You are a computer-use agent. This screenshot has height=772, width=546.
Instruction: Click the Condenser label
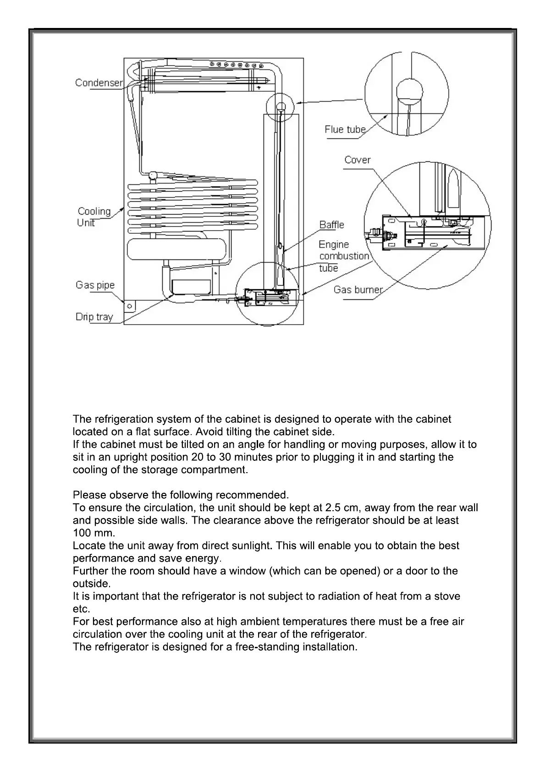coord(99,83)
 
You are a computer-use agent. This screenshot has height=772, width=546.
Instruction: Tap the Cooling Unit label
coord(94,217)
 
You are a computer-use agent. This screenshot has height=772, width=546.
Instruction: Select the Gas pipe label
coord(95,285)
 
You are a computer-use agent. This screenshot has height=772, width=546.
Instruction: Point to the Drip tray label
coord(94,317)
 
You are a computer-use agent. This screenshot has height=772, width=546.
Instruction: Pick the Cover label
coord(357,160)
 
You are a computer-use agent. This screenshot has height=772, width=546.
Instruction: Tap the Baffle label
coord(331,225)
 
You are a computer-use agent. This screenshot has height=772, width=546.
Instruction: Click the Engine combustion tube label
coord(343,256)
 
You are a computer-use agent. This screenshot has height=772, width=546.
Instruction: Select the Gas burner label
coord(358,290)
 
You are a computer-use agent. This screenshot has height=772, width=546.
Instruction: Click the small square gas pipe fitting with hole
coord(129,306)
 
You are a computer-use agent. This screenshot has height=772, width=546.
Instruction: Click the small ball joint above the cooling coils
coord(153,175)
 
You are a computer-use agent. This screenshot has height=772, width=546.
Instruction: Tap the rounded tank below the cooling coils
coord(177,249)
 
